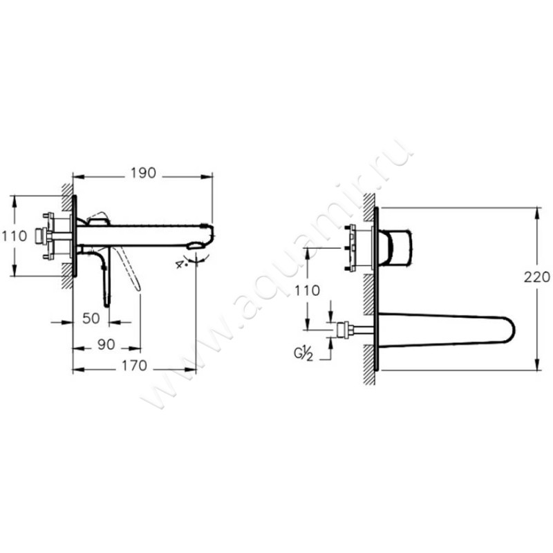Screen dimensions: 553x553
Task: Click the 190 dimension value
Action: point(143,173)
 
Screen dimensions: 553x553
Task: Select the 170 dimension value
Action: point(134,366)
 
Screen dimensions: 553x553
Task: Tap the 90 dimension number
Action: point(106,344)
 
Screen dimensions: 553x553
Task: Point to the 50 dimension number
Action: point(91,318)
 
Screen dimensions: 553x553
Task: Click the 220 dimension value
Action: point(537,277)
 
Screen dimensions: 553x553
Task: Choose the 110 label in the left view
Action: point(15,236)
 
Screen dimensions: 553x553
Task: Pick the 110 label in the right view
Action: point(308,290)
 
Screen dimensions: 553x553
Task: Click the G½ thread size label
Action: point(303,353)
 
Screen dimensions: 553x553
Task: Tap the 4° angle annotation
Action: point(181,264)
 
